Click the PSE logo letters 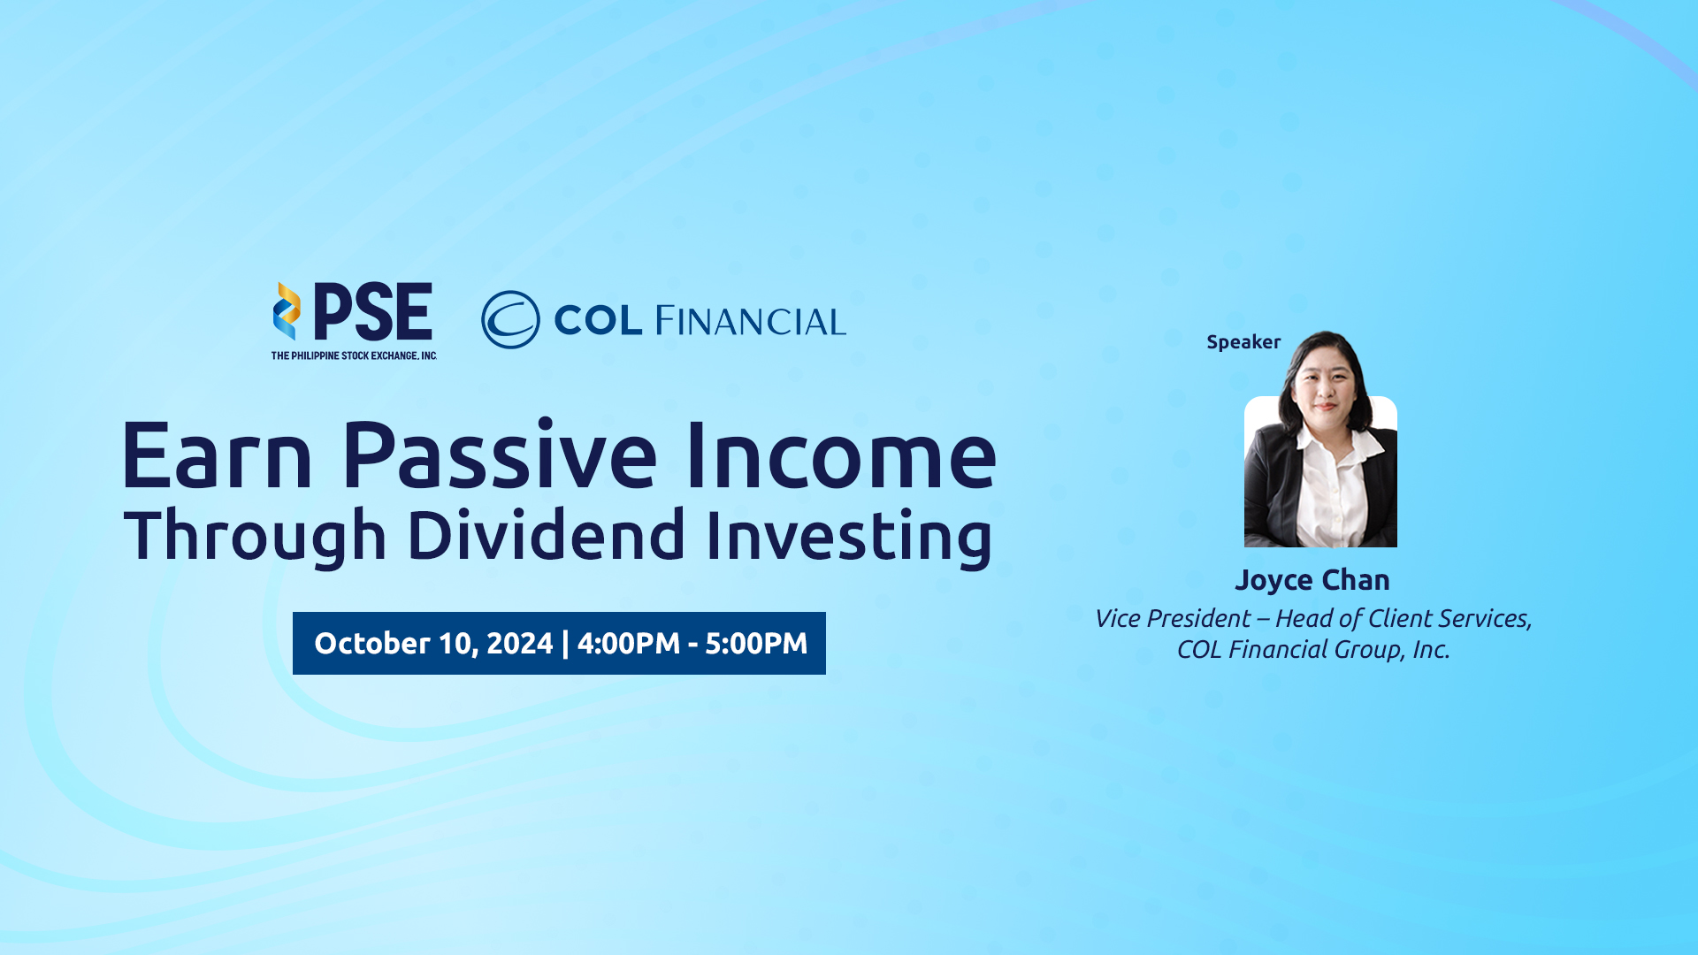click(373, 311)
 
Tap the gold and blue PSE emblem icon click(287, 311)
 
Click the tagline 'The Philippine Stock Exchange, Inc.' click(354, 355)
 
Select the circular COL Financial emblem click(510, 319)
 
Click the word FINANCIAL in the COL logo click(751, 321)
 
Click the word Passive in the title click(500, 455)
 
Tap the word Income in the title click(841, 455)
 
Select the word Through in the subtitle click(255, 536)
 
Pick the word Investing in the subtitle click(849, 536)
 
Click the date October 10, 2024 click(433, 643)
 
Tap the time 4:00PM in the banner click(629, 643)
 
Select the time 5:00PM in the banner click(756, 643)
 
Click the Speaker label click(1243, 342)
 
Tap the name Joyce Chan click(1312, 580)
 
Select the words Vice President click(1173, 618)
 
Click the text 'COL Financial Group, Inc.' click(1313, 650)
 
